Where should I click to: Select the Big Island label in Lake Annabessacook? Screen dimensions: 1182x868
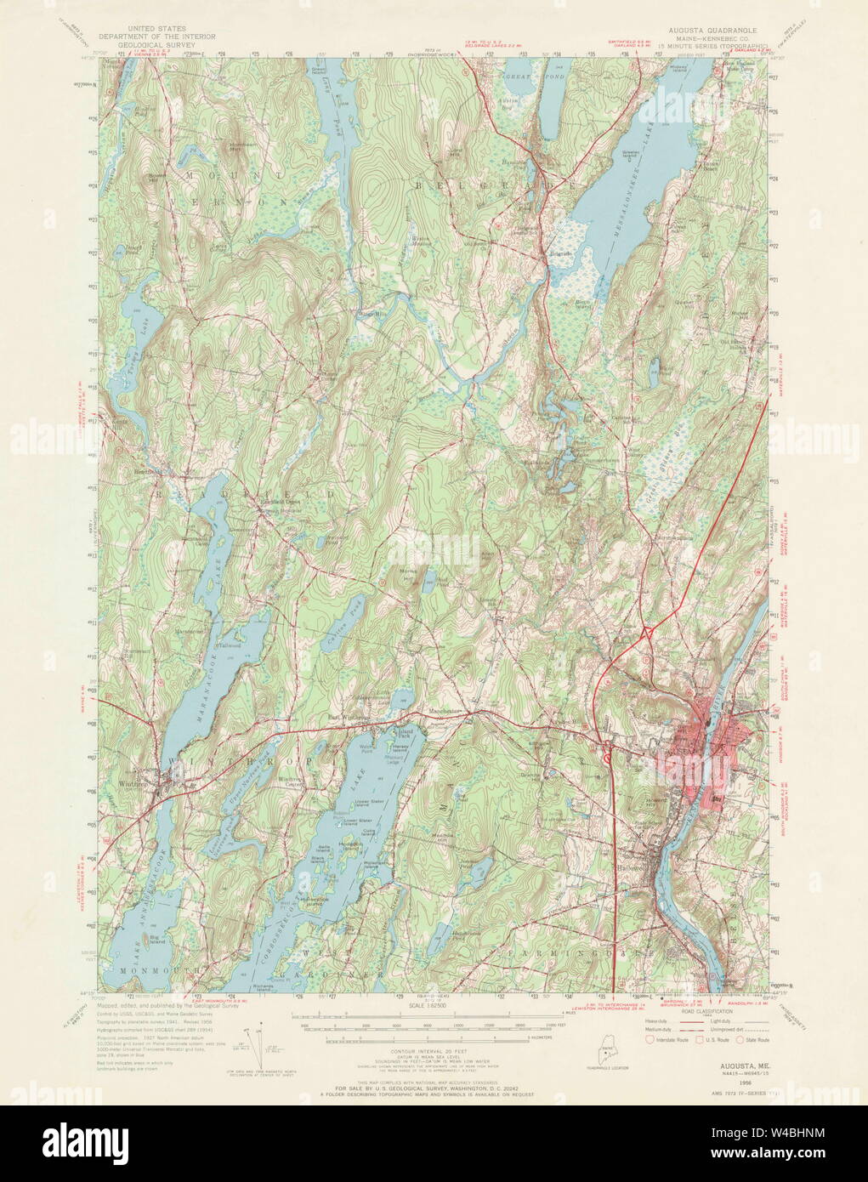(x=156, y=940)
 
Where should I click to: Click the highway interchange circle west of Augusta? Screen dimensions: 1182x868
(x=607, y=751)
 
